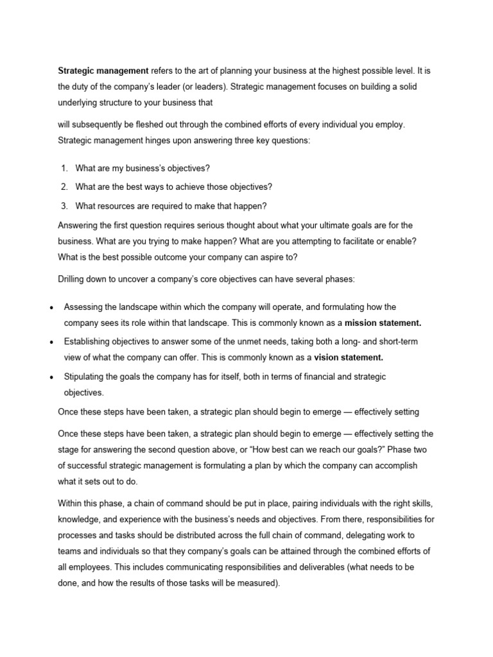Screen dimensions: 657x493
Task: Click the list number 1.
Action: point(64,168)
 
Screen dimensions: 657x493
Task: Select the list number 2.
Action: point(64,187)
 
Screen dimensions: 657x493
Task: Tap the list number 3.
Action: point(64,206)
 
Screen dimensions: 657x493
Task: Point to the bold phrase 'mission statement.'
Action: point(383,322)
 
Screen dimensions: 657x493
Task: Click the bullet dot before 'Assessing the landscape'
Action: point(50,308)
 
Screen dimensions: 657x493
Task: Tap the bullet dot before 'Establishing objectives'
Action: point(50,343)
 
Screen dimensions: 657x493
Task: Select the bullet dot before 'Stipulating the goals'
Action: point(50,377)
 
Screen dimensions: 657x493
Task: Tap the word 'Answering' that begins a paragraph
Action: point(79,225)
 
